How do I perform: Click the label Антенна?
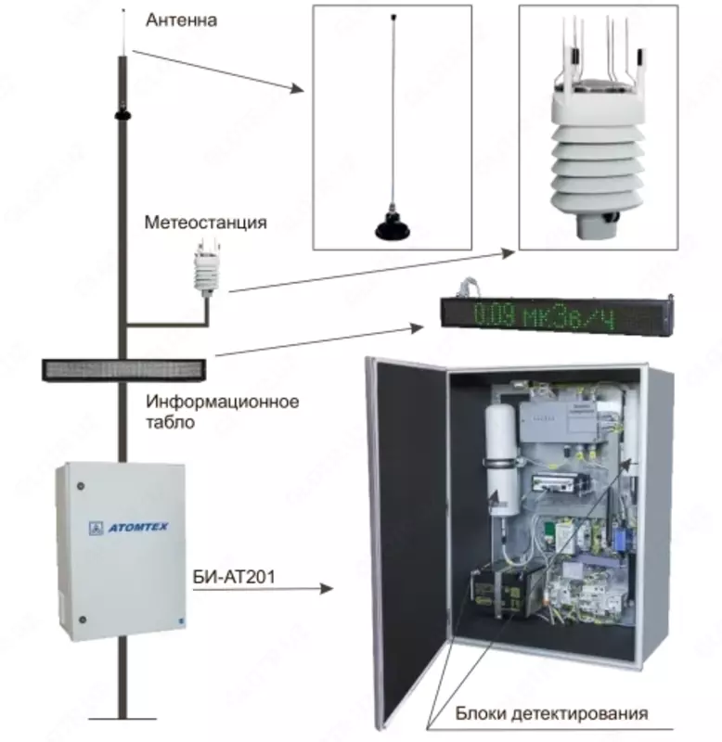(182, 19)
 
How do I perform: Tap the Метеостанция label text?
(205, 223)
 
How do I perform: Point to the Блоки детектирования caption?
(551, 713)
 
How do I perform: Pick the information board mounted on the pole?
(122, 370)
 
